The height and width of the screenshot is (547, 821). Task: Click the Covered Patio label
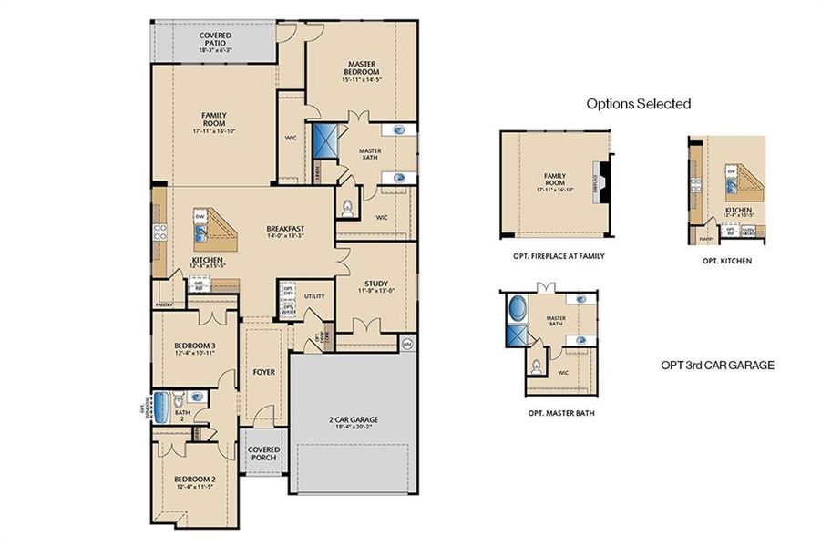click(x=215, y=42)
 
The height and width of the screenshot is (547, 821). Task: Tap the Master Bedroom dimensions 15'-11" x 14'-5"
click(x=361, y=81)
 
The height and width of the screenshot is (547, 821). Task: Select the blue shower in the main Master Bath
click(x=325, y=143)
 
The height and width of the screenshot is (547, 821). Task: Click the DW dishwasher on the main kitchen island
click(x=199, y=216)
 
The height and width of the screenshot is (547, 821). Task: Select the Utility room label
click(x=315, y=296)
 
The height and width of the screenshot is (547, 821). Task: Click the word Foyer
click(x=263, y=372)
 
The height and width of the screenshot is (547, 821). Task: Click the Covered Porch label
click(x=264, y=454)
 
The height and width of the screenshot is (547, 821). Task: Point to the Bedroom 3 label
click(x=194, y=346)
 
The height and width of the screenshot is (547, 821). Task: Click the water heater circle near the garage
click(x=407, y=345)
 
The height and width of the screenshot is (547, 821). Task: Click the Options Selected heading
click(x=638, y=104)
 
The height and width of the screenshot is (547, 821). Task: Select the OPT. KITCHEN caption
click(x=726, y=261)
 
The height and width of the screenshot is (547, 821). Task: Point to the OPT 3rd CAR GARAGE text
click(x=717, y=365)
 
